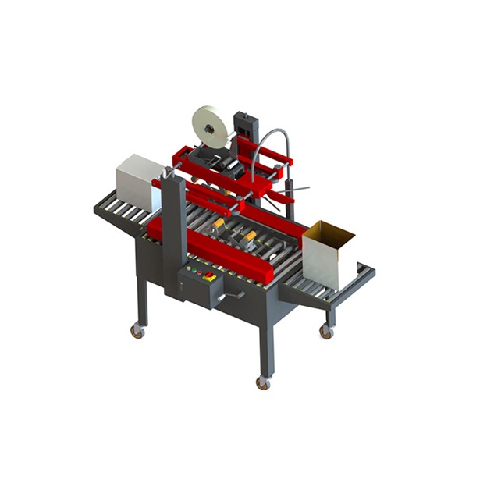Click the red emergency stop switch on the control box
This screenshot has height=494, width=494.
(x=210, y=276)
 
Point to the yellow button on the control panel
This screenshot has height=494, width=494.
(x=201, y=274)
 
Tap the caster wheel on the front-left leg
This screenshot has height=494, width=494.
(x=137, y=331)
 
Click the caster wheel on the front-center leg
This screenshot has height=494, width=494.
(x=263, y=383)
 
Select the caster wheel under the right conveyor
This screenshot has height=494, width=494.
(x=325, y=332)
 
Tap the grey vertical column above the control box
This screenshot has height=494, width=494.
(x=175, y=226)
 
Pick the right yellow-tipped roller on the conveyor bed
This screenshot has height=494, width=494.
(x=250, y=237)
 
